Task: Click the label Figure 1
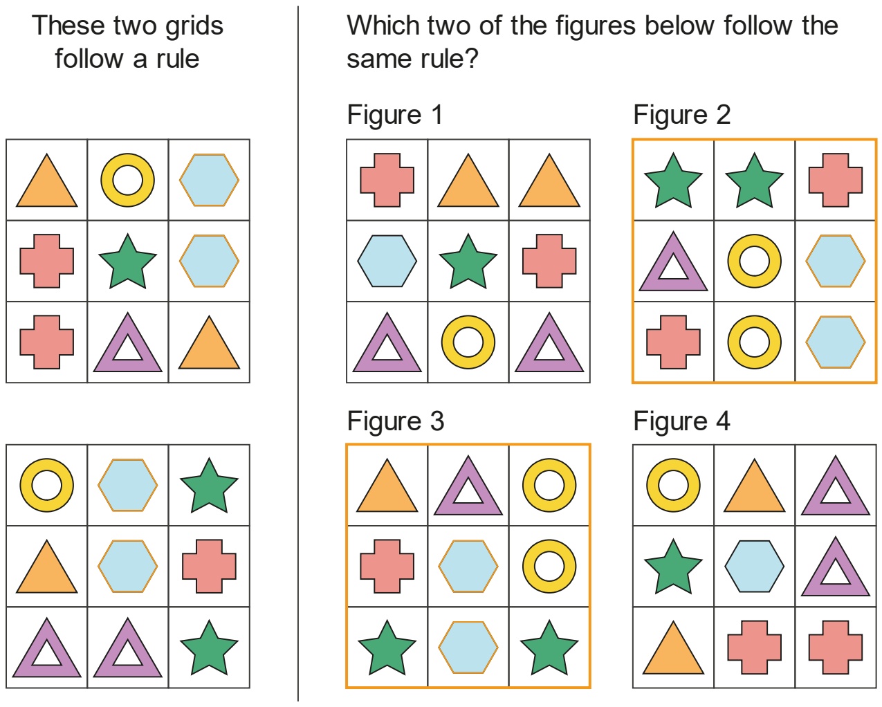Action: click(x=395, y=115)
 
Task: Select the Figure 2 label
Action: click(x=681, y=115)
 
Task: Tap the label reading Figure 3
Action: click(x=396, y=421)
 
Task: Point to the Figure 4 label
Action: click(x=681, y=421)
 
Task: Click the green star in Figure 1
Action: click(x=468, y=261)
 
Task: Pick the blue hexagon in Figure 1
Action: click(x=387, y=261)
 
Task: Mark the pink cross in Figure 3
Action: click(x=387, y=566)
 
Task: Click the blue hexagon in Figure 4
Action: click(x=754, y=566)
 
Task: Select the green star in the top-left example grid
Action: click(x=127, y=261)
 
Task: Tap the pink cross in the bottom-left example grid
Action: click(x=209, y=566)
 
